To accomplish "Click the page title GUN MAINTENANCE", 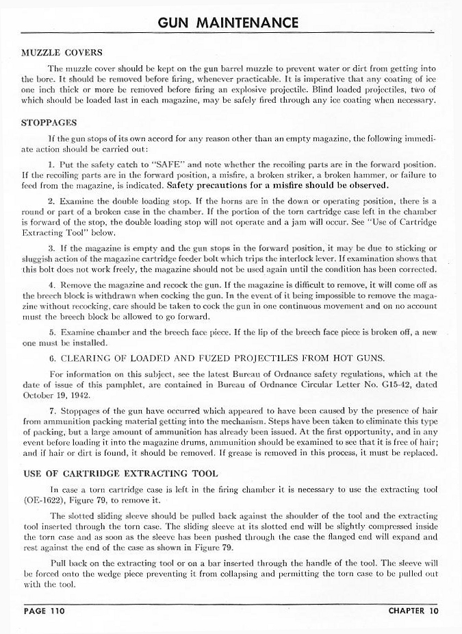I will click(x=228, y=23).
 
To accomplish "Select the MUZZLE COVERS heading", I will click(x=62, y=53).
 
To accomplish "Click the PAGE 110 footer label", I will click(x=44, y=610).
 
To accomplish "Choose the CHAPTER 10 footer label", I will click(x=413, y=610).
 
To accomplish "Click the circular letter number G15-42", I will click(x=388, y=385).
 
